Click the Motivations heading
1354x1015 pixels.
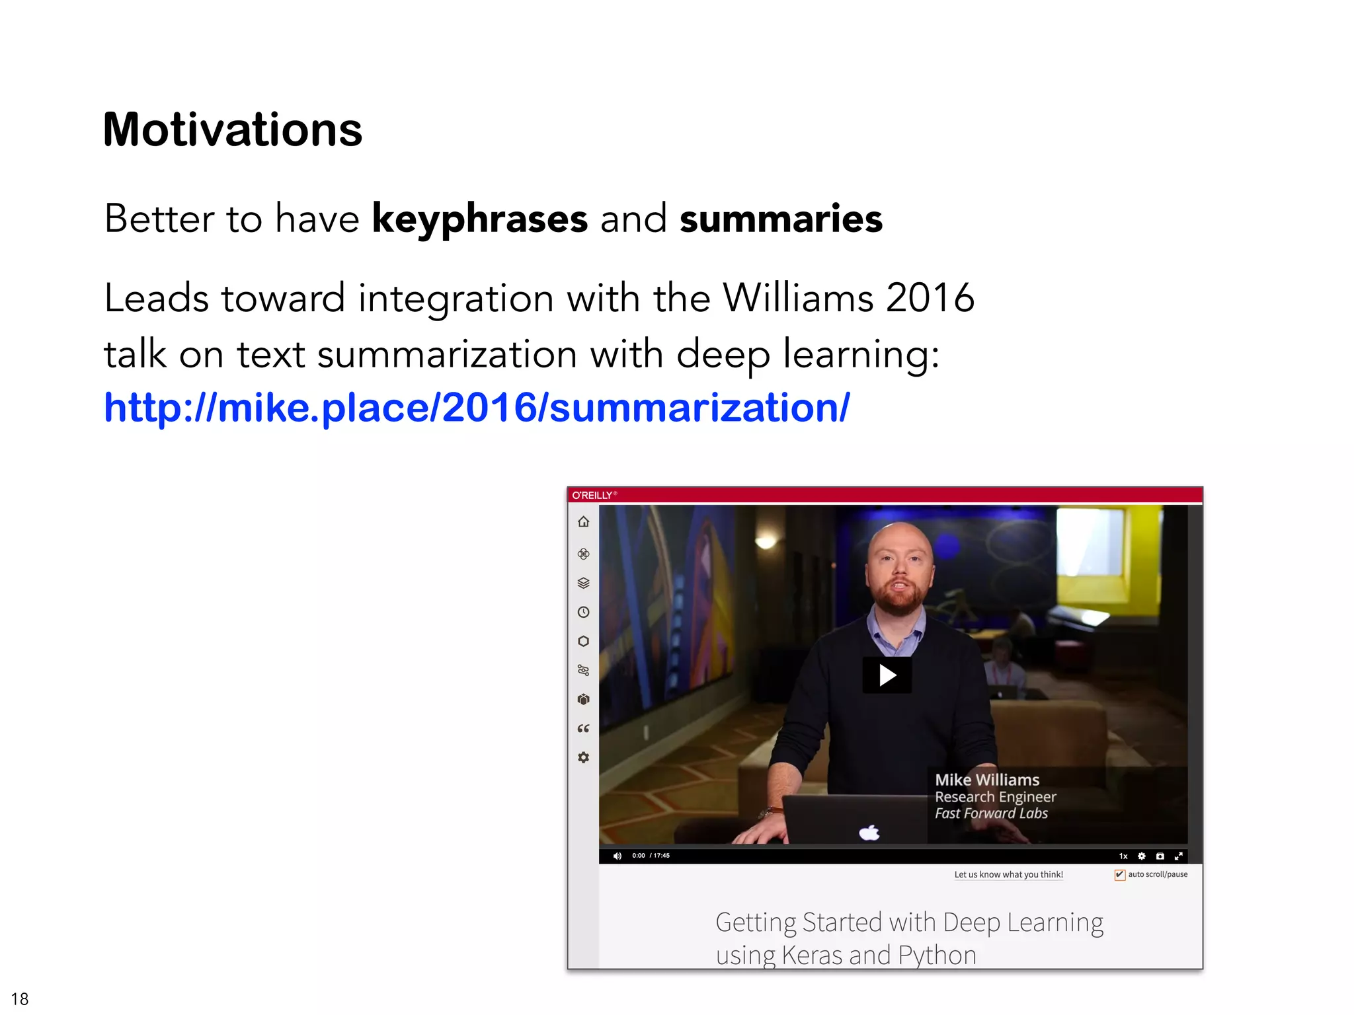233,130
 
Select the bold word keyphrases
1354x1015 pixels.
479,219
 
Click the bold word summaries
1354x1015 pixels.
781,219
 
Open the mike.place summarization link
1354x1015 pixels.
477,407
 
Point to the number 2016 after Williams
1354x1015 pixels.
930,298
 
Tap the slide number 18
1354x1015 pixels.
20,998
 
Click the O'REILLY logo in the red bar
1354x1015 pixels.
593,495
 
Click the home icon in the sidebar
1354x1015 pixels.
583,522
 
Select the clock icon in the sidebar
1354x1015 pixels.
583,612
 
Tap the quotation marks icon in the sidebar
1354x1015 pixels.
583,728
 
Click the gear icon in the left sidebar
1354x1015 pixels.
583,757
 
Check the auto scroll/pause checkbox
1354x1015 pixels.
1119,875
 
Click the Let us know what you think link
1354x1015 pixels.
1008,874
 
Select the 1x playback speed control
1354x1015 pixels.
1123,856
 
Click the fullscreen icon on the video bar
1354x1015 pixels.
1178,856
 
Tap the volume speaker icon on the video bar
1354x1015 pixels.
617,856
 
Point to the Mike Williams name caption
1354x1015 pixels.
986,780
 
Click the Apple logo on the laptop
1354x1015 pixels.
869,832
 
